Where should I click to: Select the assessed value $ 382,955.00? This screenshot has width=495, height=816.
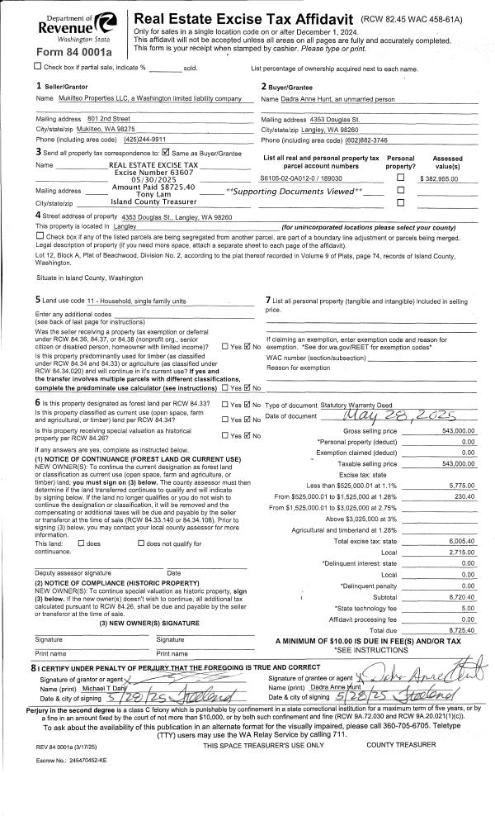[445, 178]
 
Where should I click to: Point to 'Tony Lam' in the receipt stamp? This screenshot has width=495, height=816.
[153, 195]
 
